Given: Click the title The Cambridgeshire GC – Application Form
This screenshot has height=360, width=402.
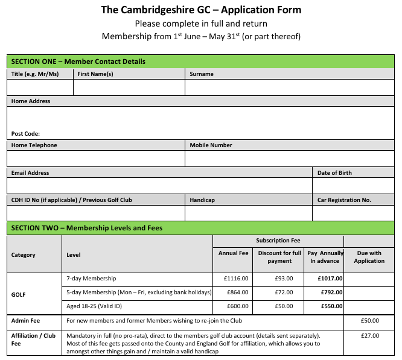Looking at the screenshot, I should (200, 10).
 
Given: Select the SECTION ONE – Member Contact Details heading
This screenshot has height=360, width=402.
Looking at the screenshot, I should (78, 62).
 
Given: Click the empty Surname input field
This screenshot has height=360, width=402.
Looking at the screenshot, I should (289, 87).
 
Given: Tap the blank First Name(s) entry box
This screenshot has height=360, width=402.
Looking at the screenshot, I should (129, 87).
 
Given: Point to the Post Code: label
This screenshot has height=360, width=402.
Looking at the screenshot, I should (25, 134).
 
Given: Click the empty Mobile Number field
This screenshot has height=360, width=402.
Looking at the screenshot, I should (289, 159).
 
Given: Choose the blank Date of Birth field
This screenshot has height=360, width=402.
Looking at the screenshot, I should (353, 186).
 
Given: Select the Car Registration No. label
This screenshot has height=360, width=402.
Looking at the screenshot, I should (344, 200).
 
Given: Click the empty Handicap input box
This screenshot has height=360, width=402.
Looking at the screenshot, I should (248, 213).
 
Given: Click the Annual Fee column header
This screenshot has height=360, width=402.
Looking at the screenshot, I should (233, 253).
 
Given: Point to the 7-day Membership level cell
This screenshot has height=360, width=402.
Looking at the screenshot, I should (91, 279).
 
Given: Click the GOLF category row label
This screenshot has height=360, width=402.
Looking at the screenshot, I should (19, 295).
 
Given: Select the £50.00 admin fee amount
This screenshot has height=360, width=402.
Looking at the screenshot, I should (369, 321).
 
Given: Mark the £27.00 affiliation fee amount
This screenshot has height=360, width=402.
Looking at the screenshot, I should (369, 335).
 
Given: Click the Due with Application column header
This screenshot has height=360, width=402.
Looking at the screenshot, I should (369, 257).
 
